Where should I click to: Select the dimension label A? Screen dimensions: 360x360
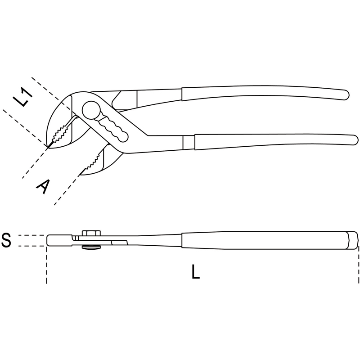(x=43, y=186)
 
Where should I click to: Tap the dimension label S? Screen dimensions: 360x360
(x=6, y=240)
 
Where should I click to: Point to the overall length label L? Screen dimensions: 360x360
(x=195, y=272)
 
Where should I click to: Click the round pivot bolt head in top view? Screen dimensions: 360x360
(x=91, y=110)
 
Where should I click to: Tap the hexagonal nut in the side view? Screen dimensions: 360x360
(x=91, y=233)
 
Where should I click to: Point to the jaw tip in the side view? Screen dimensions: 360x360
(x=48, y=240)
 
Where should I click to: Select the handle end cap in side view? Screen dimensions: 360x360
(x=353, y=240)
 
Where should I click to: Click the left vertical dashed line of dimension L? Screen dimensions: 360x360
(x=47, y=265)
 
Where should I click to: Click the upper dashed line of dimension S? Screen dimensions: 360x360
(x=31, y=235)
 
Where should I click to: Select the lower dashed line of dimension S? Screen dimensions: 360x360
(x=31, y=246)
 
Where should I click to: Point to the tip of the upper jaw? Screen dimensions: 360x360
(x=48, y=147)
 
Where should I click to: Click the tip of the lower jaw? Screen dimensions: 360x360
(x=80, y=175)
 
